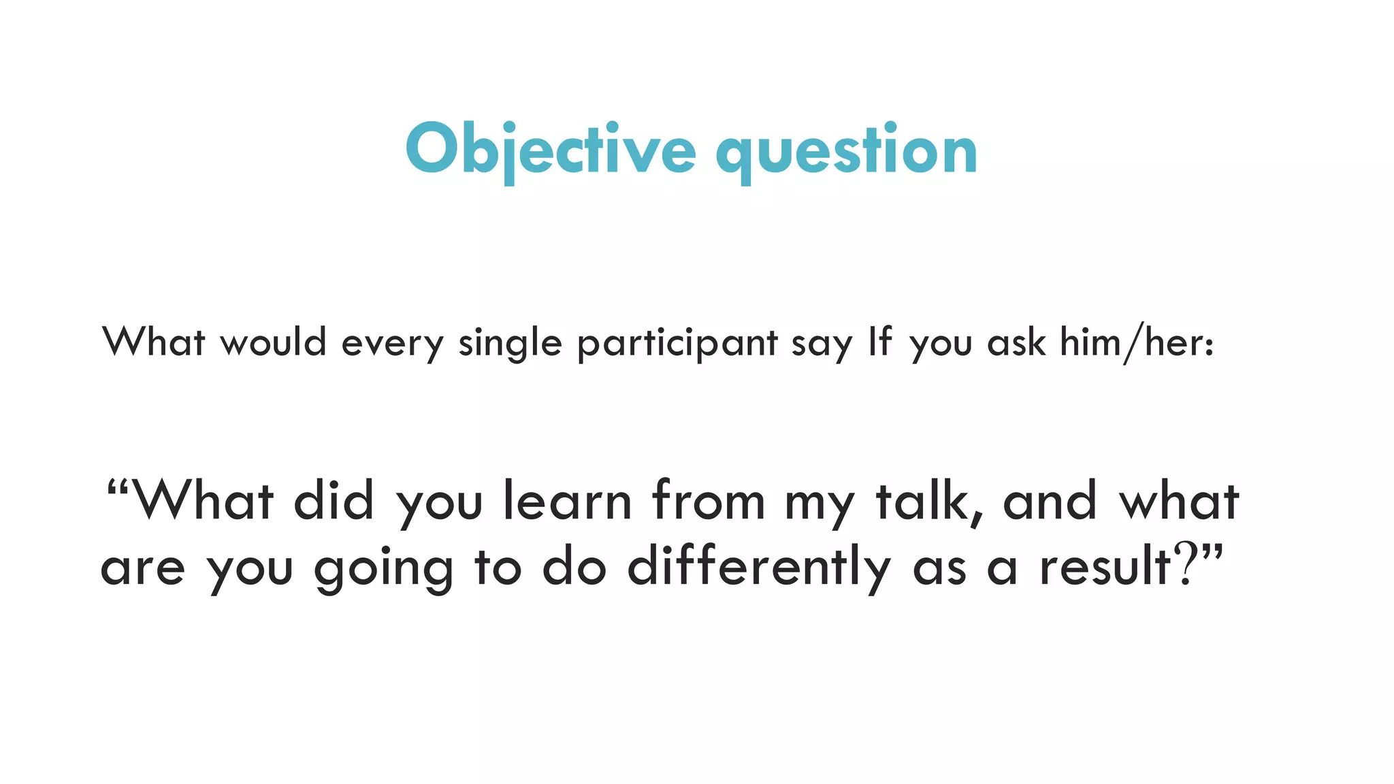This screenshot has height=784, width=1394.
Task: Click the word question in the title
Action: (x=846, y=151)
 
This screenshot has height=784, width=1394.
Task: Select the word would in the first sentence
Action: (x=273, y=342)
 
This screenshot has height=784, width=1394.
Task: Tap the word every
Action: (x=392, y=344)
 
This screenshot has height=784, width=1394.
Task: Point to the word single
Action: (x=510, y=344)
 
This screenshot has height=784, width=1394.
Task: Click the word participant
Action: (x=677, y=344)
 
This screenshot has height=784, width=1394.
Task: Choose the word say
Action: (x=821, y=345)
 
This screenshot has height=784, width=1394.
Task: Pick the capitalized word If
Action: (x=879, y=342)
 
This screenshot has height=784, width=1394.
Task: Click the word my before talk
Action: (x=819, y=505)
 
